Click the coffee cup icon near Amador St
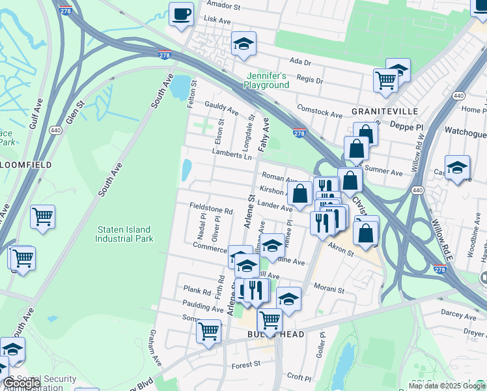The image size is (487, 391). pos(181,14)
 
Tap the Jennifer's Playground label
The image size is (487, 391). pos(266,81)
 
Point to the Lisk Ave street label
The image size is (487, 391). pos(217,21)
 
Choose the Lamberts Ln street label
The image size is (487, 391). pos(231,154)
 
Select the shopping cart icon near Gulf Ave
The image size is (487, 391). pos(42,216)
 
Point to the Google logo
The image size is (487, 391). pos(21,383)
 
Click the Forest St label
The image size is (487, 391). pos(245,364)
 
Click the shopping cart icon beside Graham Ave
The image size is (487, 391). pos(209,330)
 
